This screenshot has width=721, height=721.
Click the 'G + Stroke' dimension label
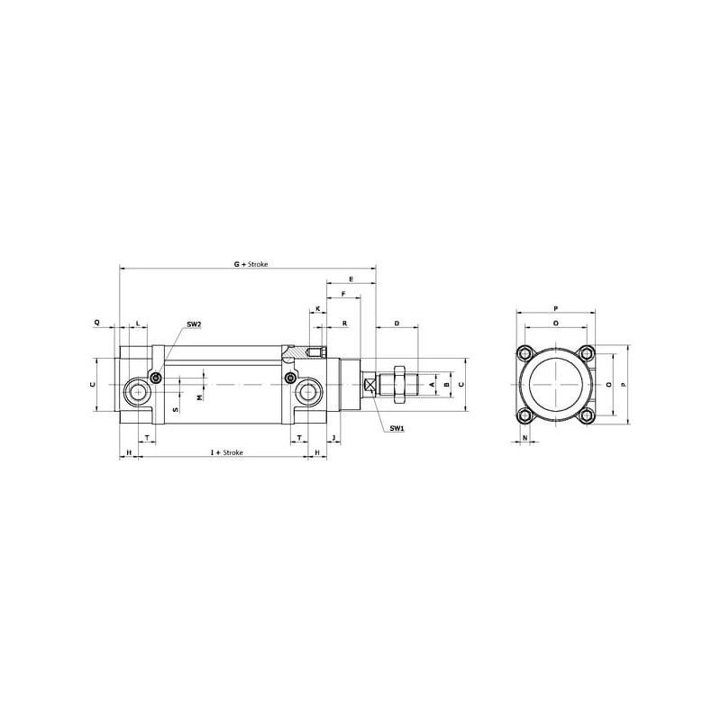point(251,264)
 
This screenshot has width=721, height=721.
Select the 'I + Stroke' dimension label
point(227,452)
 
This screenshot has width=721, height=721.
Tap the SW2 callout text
point(194,324)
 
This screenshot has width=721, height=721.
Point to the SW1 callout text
point(397,428)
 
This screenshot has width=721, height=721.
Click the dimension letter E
point(351,279)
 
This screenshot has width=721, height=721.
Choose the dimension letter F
point(343,294)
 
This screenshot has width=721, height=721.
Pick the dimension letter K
point(317,308)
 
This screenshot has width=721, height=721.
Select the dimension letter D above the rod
point(397,324)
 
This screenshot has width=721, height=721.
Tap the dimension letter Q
point(96,323)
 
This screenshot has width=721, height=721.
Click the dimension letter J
point(333,437)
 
